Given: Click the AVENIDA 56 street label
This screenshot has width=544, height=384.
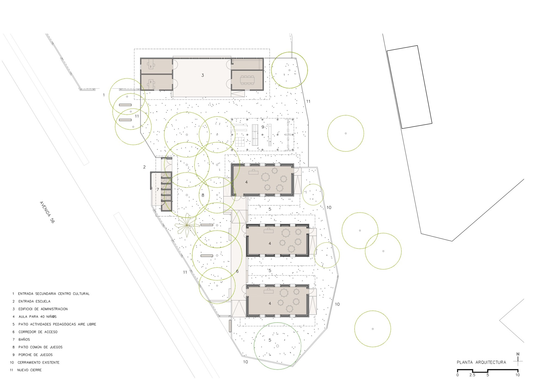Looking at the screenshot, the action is tap(47, 212).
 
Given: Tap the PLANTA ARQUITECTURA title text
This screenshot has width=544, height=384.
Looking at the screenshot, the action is tap(481, 362).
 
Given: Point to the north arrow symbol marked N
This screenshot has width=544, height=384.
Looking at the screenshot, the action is tap(518, 359).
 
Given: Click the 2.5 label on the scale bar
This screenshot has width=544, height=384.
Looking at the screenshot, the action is tap(472, 375).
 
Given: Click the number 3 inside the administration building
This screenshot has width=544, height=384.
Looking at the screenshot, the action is tap(203, 75).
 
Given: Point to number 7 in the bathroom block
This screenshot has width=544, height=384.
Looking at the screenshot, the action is tap(158, 189).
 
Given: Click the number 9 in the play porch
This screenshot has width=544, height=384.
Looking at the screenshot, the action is tap(263, 127).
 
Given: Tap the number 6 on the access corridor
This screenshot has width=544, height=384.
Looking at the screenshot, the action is tap(237, 271).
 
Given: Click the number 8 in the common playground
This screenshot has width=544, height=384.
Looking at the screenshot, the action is tap(203, 195).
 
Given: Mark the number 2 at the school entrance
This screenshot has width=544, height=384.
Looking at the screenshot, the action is tap(144, 167).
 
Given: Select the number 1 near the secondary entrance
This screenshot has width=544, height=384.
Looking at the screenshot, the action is tap(104, 95).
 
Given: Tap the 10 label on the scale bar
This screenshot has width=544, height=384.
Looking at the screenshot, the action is tap(517, 375).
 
